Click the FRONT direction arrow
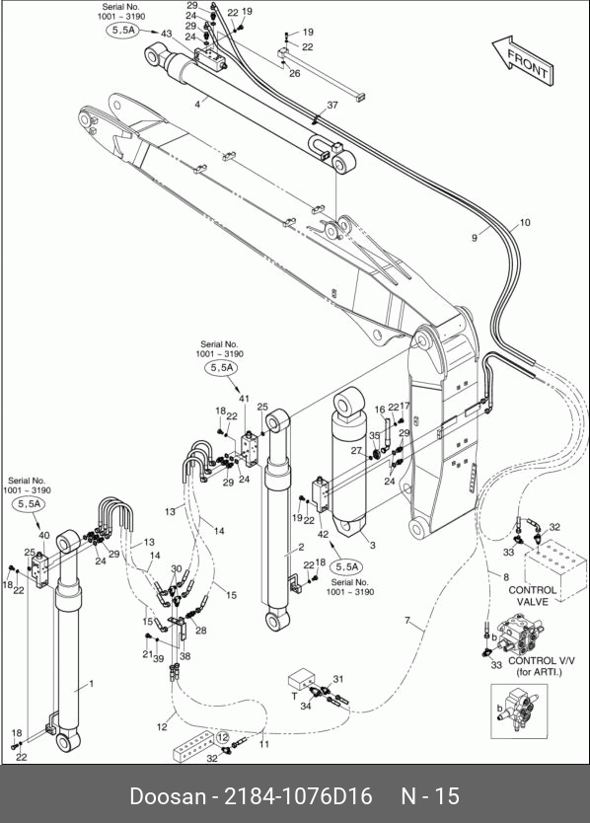click(x=523, y=60)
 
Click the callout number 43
click(x=167, y=34)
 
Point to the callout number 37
click(x=332, y=105)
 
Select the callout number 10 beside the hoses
click(x=524, y=223)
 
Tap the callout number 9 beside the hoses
click(x=475, y=238)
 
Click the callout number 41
click(x=244, y=399)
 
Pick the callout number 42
click(x=323, y=534)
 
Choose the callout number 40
click(x=44, y=536)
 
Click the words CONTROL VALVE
click(x=532, y=596)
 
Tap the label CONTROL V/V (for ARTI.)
click(x=541, y=666)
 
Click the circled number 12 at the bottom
click(x=223, y=737)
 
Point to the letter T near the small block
click(x=294, y=697)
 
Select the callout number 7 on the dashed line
click(x=407, y=621)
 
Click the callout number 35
click(x=374, y=435)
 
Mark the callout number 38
click(x=184, y=655)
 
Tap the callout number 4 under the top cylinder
click(x=197, y=105)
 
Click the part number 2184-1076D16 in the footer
click(x=298, y=796)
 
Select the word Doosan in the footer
click(x=168, y=796)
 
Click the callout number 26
click(x=294, y=73)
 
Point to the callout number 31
click(x=338, y=679)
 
